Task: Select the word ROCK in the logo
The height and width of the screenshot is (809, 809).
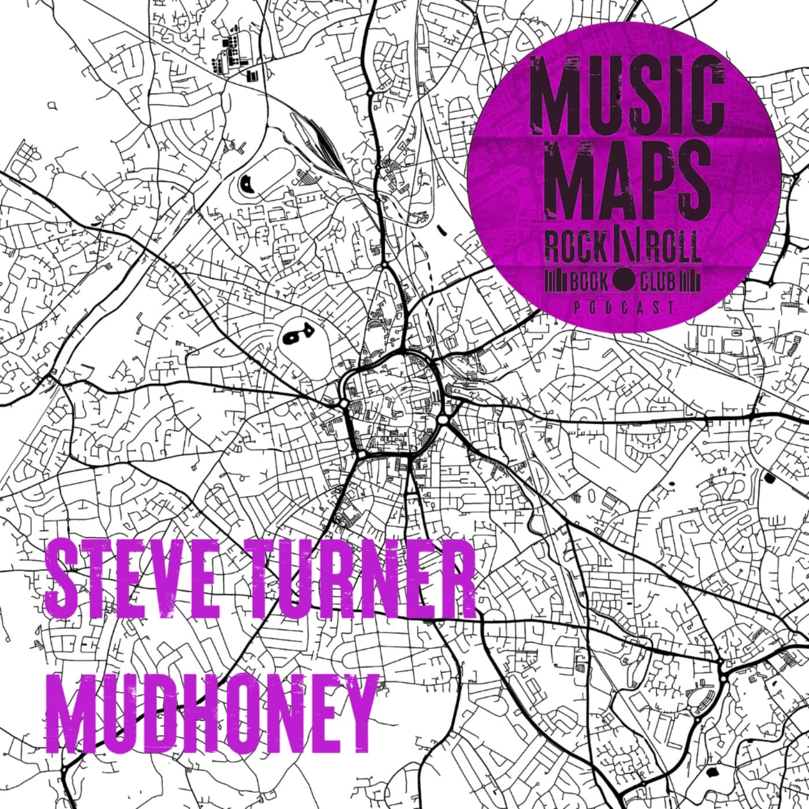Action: click(574, 247)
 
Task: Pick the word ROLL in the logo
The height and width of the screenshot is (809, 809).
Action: click(673, 247)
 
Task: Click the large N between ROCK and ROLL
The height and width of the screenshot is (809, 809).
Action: click(624, 247)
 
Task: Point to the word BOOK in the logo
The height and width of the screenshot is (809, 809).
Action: click(589, 282)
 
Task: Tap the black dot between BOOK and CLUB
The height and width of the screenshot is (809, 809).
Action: click(624, 282)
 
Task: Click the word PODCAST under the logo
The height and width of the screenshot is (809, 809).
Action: click(624, 308)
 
